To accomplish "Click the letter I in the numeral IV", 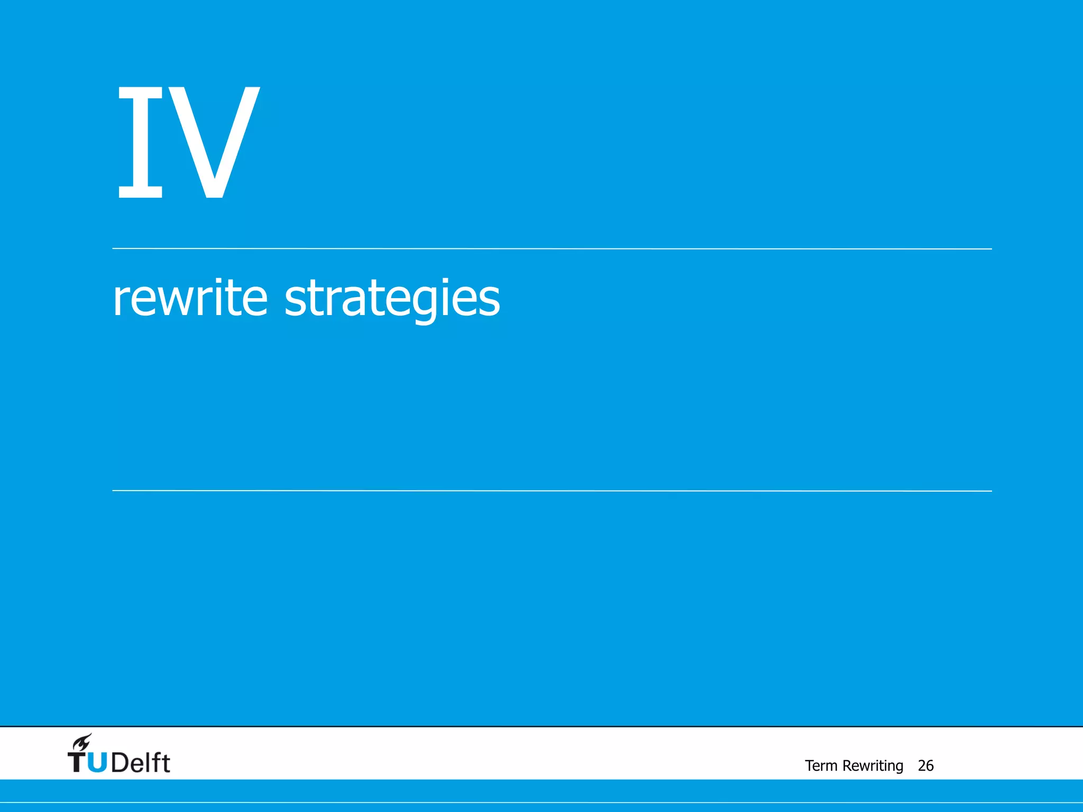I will click(x=140, y=142).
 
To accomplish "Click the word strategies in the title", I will click(x=392, y=299).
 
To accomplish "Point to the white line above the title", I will click(x=552, y=248).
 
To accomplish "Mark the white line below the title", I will click(x=552, y=491).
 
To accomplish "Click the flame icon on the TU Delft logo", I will click(x=82, y=742).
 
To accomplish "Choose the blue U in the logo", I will click(x=97, y=763).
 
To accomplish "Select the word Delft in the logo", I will click(x=141, y=762).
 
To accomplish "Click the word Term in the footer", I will click(x=821, y=765).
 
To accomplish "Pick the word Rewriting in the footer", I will click(x=873, y=766).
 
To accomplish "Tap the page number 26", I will click(x=925, y=765).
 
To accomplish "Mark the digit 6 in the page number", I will click(x=930, y=765).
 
